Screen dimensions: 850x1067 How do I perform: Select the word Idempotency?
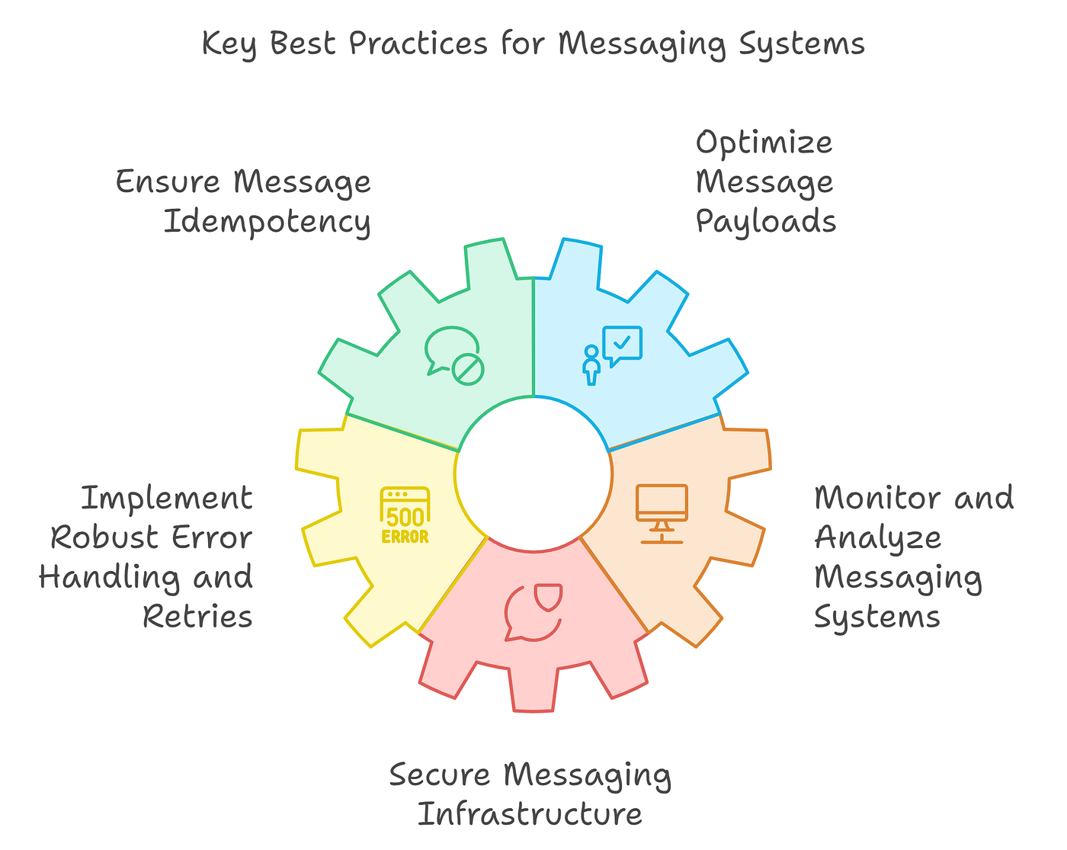pos(268,222)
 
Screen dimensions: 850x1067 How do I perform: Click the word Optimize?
pos(764,143)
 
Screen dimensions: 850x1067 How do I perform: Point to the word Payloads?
pos(766,222)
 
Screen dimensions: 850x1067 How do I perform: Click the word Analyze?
pos(878,538)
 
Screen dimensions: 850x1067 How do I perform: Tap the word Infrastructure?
pos(530,814)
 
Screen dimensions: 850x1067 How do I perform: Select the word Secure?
pos(439,775)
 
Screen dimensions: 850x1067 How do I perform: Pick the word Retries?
pos(197,617)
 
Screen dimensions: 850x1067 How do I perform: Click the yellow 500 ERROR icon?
pos(405,516)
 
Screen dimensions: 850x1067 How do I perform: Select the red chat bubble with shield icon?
pos(533,611)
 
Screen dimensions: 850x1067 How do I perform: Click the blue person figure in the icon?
pos(591,365)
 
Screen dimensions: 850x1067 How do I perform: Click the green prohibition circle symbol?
pos(467,369)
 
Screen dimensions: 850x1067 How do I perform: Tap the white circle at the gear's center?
pos(533,473)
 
